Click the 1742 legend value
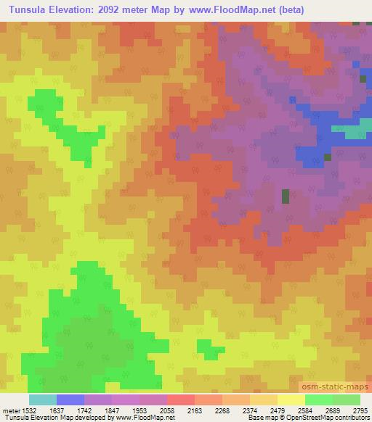pyautogui.click(x=98, y=410)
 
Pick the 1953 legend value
pyautogui.click(x=153, y=410)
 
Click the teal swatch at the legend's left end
pyautogui.click(x=43, y=400)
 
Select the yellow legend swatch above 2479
pyautogui.click(x=291, y=400)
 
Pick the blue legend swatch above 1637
pyautogui.click(x=70, y=400)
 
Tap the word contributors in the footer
pyautogui.click(x=352, y=418)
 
